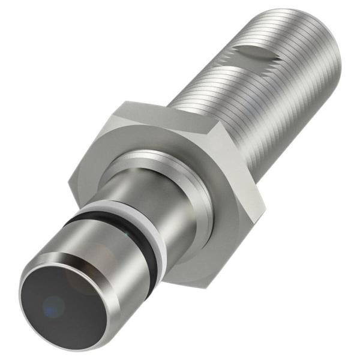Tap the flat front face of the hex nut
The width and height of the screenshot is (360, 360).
(192, 240)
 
